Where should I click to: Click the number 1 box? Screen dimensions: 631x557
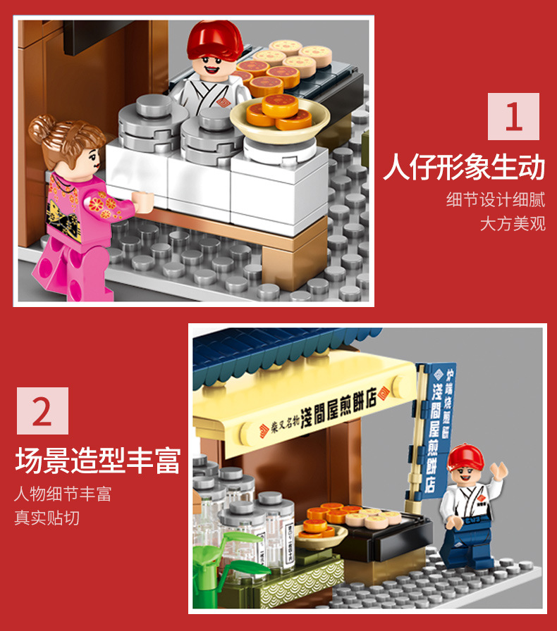coord(513,117)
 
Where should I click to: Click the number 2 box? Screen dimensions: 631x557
coord(42,411)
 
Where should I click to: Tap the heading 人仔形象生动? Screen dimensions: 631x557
coord(464,169)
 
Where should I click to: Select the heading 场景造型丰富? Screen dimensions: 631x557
coord(97,463)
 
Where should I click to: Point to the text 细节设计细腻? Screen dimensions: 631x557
coord(496,199)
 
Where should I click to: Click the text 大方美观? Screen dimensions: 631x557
coord(513,224)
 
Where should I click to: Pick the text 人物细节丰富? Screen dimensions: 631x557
coord(63,493)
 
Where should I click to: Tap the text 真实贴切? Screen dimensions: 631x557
coord(47,518)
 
